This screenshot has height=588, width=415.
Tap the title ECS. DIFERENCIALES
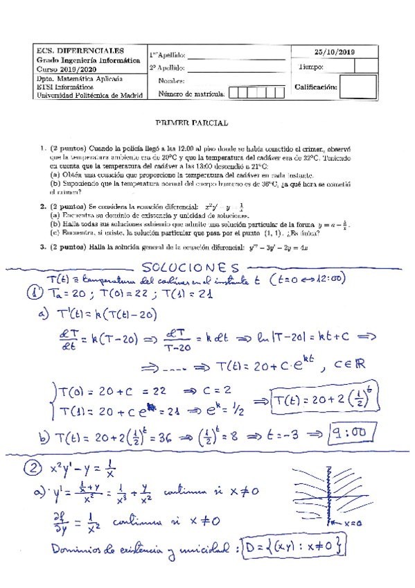coord(80,51)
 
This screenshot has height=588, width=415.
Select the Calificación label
coord(316,87)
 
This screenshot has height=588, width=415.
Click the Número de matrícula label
coord(191,93)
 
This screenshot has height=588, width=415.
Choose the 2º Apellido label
coord(167,68)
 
